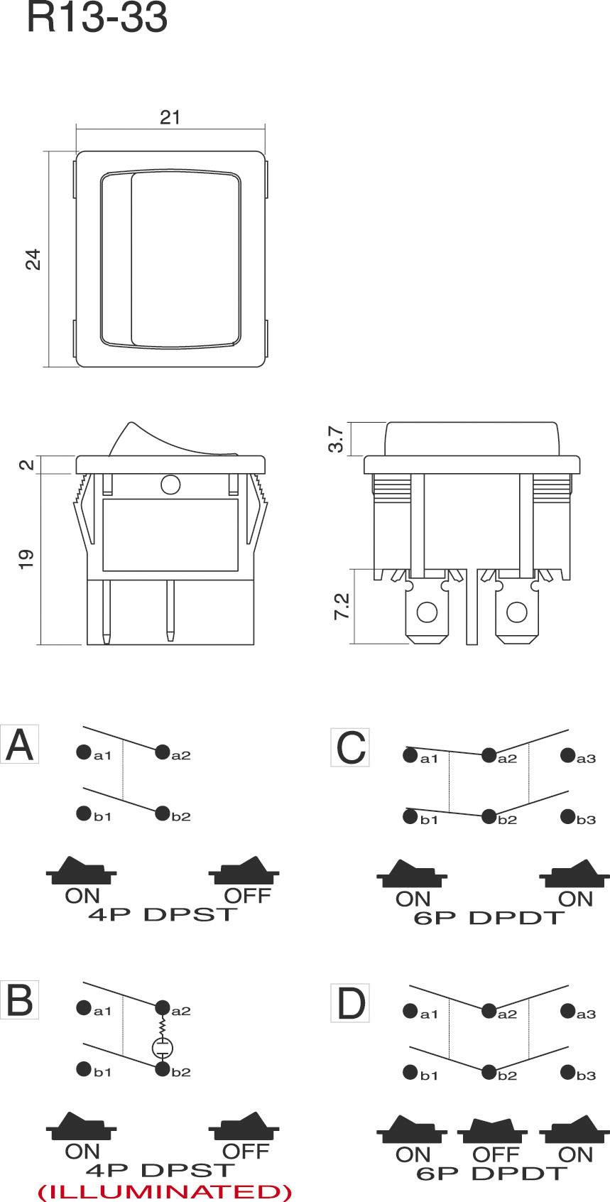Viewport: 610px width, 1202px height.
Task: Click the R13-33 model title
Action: point(97,18)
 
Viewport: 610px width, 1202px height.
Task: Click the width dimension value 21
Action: point(170,117)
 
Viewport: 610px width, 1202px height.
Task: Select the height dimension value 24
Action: point(33,259)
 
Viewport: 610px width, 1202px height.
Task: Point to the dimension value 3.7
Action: point(338,438)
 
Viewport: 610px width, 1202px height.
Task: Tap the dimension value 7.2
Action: point(342,606)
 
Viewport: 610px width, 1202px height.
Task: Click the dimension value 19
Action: point(26,558)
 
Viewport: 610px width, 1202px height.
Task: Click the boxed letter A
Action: point(19,745)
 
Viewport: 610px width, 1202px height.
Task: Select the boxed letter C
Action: point(350,747)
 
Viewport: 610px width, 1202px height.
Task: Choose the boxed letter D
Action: point(350,1003)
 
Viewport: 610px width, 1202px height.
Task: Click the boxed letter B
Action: point(19,1000)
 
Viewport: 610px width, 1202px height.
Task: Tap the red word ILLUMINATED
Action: point(164,1191)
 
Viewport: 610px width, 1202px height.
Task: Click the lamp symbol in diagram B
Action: point(163,1046)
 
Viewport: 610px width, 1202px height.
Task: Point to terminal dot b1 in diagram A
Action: point(84,813)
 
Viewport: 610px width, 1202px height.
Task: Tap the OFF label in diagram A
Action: point(247,895)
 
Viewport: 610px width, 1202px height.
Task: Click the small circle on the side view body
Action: point(170,484)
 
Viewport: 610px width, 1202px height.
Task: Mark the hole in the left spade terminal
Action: point(426,612)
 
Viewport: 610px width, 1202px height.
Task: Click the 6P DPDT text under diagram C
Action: point(489,917)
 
